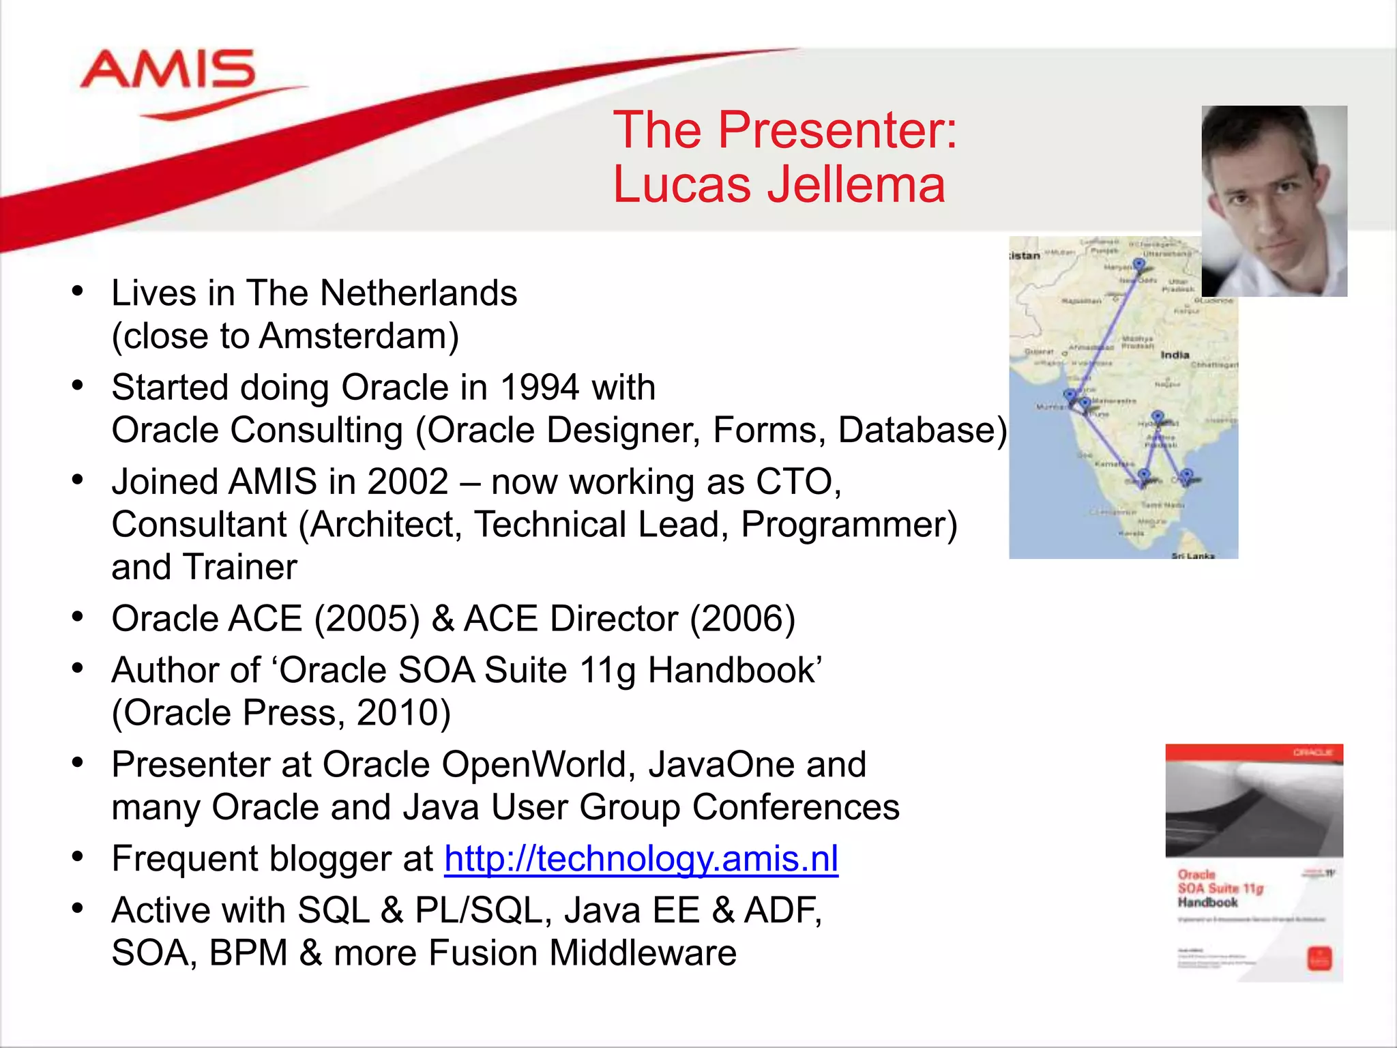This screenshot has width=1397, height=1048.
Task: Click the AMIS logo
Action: [x=168, y=70]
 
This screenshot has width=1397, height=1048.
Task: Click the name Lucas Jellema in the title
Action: [x=778, y=185]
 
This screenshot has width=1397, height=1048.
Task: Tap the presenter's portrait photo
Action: [x=1274, y=201]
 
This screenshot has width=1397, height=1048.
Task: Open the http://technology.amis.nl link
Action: [x=641, y=858]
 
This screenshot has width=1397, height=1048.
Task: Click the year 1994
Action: [x=540, y=388]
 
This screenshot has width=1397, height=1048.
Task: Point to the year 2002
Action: [x=407, y=482]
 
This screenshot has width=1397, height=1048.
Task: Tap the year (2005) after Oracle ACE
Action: [x=366, y=619]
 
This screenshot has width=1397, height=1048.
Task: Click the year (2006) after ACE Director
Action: [x=742, y=619]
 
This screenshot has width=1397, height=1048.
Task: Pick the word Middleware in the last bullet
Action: [x=643, y=953]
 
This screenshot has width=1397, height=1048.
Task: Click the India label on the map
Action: [x=1175, y=355]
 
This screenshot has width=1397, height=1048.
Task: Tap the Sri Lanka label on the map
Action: [x=1192, y=555]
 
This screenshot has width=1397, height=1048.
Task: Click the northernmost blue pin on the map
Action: [x=1138, y=264]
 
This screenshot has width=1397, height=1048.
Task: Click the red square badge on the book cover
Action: [x=1318, y=958]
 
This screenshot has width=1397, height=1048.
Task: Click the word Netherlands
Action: [x=418, y=293]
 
